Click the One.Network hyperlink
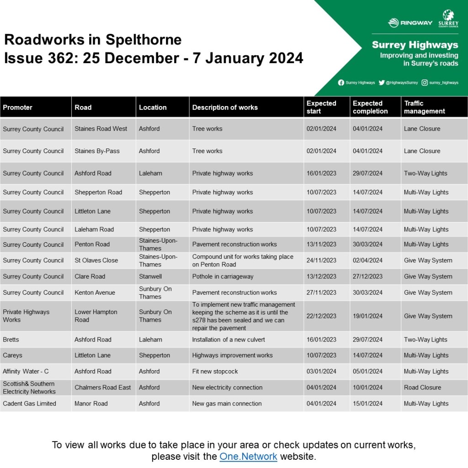tap(248, 456)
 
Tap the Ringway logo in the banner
tap(410, 23)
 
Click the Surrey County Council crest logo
tap(448, 19)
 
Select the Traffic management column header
tap(424, 107)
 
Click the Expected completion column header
tap(370, 107)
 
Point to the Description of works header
tap(225, 107)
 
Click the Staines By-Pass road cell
tap(97, 151)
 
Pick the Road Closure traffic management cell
tap(422, 388)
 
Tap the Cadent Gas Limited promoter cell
tap(29, 404)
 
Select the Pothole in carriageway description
tap(223, 277)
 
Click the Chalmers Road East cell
tap(102, 388)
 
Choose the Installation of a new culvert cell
tap(229, 340)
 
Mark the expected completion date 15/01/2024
tap(367, 404)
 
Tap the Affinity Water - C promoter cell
tap(26, 372)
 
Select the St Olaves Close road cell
tap(96, 261)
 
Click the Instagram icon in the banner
tap(425, 83)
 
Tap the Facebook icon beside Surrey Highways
tap(341, 83)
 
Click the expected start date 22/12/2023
tap(321, 316)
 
